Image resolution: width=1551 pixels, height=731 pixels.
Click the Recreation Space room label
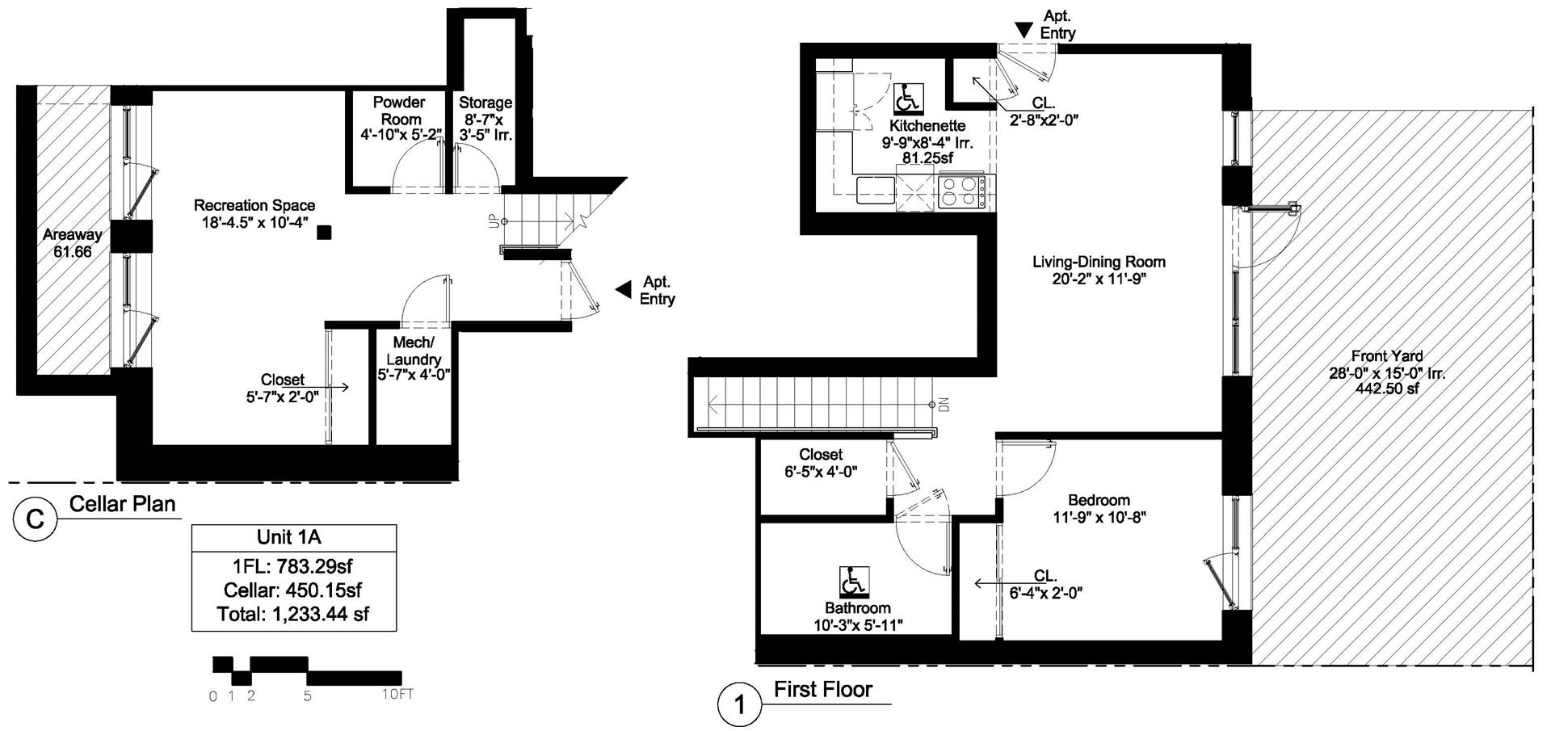(x=254, y=206)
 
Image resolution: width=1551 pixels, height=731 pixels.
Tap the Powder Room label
(x=399, y=111)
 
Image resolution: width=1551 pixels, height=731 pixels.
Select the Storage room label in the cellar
(x=485, y=103)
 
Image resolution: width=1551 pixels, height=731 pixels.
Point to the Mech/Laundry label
(x=414, y=351)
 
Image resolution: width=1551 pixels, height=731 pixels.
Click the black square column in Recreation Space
(x=324, y=233)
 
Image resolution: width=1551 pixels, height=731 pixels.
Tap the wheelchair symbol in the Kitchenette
(x=908, y=99)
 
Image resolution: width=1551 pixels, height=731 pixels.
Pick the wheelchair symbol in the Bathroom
(x=854, y=581)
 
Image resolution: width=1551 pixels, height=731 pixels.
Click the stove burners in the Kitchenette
(x=962, y=192)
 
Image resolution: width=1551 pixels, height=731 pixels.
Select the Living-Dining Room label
(x=1099, y=262)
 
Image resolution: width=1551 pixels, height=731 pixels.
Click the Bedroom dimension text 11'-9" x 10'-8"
(x=1099, y=517)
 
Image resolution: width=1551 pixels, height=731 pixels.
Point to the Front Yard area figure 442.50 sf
(x=1387, y=389)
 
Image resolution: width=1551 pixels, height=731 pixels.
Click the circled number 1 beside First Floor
(x=739, y=705)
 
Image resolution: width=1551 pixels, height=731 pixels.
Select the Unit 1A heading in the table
(x=293, y=537)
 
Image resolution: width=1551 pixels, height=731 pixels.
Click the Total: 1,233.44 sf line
(x=293, y=614)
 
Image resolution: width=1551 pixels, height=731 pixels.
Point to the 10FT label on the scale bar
(x=397, y=694)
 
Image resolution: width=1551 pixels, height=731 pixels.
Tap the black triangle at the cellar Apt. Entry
(x=623, y=289)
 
